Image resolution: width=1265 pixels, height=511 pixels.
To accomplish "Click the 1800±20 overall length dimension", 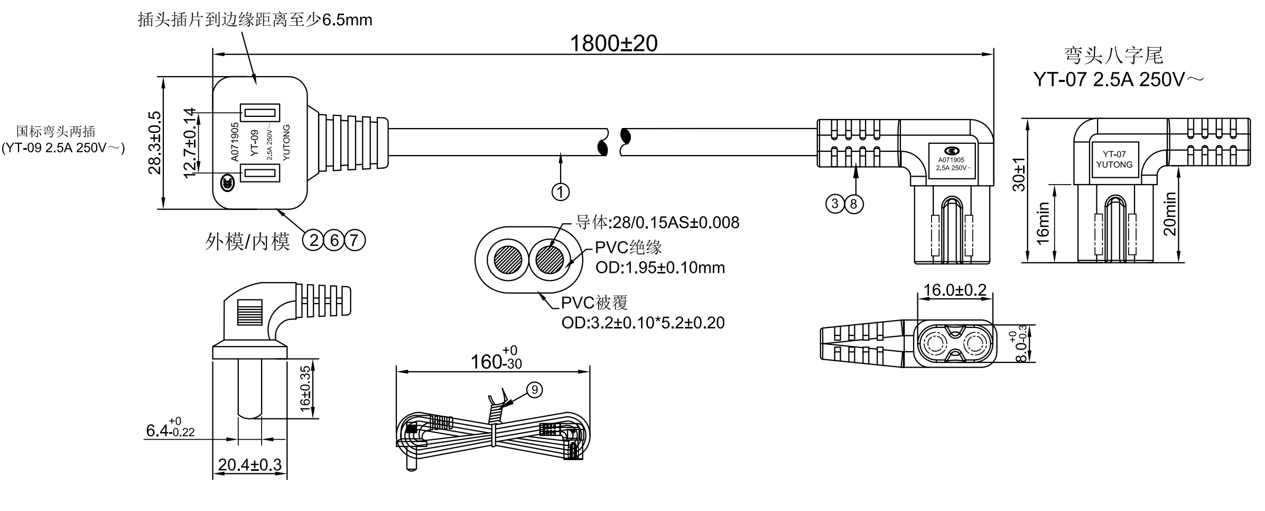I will coord(613,43).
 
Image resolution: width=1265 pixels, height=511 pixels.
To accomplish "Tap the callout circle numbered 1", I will coord(560,191).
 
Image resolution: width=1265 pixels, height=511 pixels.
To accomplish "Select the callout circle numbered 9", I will coord(534,390).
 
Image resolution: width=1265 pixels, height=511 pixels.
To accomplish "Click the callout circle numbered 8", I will coord(854,204).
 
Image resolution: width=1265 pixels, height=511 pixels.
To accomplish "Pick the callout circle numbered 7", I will coord(355,241).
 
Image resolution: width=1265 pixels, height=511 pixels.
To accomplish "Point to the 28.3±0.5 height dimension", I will coord(155,143).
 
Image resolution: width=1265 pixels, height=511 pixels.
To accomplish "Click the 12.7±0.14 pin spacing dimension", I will coord(190,143).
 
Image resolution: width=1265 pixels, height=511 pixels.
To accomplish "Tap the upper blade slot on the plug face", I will coord(260,113).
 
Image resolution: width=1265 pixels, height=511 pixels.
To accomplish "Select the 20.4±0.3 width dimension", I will coord(249,465).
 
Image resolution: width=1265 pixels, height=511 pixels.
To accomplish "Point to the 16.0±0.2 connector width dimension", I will coord(954,290).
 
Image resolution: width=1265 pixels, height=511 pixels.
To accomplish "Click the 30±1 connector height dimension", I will coord(1019,175).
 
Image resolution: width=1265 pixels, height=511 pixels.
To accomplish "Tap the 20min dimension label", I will coord(1170,213).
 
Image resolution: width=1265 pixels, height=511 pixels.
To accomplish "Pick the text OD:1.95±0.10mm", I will coord(659,268).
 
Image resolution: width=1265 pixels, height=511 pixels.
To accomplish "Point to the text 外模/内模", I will coord(247,242).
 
